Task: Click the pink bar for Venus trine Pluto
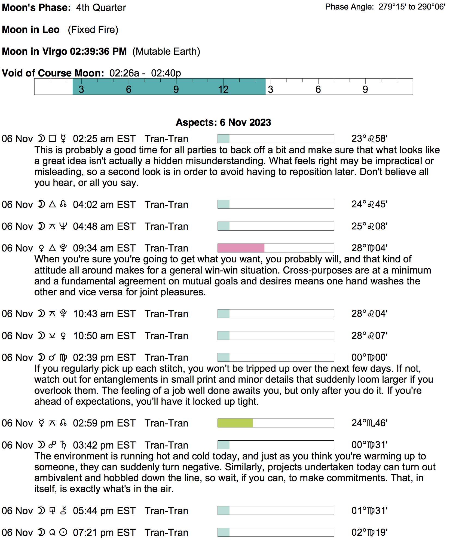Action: coord(241,248)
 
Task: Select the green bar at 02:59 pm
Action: coord(235,423)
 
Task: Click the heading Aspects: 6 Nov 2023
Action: coord(223,122)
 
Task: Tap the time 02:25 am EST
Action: coord(104,139)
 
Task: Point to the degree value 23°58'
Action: coord(369,139)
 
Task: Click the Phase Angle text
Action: coord(385,7)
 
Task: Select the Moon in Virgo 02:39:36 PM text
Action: coord(64,51)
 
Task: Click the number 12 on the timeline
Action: coord(223,89)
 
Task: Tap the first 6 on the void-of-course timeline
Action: coord(129,89)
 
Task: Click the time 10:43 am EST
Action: coord(104,314)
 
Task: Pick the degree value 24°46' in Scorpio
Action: coord(369,423)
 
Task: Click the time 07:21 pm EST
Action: coord(104,532)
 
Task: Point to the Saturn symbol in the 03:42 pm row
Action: coord(63,445)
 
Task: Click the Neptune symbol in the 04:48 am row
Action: coord(63,226)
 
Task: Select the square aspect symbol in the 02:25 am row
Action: coord(52,139)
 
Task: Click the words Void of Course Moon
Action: coord(53,73)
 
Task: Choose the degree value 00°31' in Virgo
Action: coord(369,445)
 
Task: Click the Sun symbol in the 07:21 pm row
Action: coord(63,532)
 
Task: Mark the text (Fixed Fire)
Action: coord(93,30)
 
